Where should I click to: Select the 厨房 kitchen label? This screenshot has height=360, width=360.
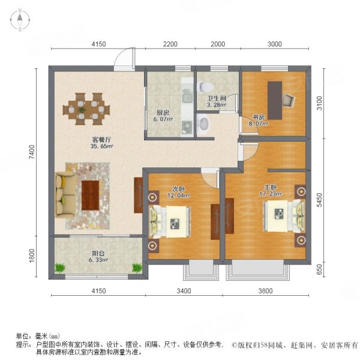(162, 112)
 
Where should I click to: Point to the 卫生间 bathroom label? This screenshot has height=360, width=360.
(216, 98)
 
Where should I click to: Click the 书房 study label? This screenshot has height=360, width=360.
(258, 118)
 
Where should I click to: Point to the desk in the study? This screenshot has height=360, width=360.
(275, 100)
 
